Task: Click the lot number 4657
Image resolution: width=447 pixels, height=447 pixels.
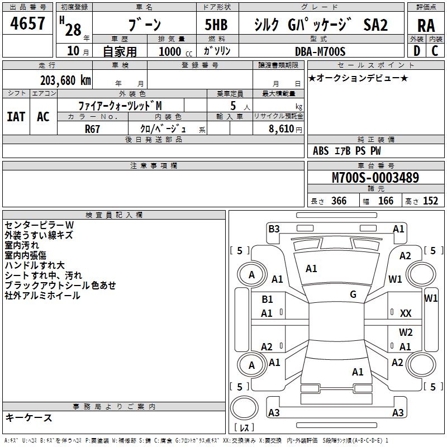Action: pyautogui.click(x=28, y=25)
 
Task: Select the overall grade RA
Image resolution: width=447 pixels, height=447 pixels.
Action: pyautogui.click(x=426, y=26)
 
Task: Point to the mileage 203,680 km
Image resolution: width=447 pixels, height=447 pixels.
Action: pyautogui.click(x=65, y=80)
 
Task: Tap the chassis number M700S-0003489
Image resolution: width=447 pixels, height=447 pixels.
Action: pyautogui.click(x=375, y=178)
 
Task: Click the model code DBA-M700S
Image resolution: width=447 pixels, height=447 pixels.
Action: pyautogui.click(x=320, y=51)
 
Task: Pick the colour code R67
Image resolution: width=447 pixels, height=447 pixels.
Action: pyautogui.click(x=93, y=128)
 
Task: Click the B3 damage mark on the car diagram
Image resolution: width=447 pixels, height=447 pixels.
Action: pyautogui.click(x=274, y=229)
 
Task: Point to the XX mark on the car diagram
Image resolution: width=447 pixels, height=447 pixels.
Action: pyautogui.click(x=406, y=313)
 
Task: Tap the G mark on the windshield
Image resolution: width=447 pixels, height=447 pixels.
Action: pyautogui.click(x=353, y=294)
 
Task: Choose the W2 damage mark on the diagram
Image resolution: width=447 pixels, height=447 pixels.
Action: pyautogui.click(x=406, y=332)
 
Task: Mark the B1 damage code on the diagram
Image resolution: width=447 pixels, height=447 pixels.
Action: pyautogui.click(x=268, y=299)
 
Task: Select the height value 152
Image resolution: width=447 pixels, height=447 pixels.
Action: pyautogui.click(x=430, y=201)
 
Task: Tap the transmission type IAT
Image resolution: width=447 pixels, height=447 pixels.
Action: pyautogui.click(x=16, y=117)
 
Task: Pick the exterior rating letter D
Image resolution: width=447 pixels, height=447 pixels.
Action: pyautogui.click(x=416, y=51)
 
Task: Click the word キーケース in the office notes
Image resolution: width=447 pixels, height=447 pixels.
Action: pyautogui.click(x=29, y=418)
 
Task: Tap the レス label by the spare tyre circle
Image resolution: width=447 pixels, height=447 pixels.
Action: pyautogui.click(x=244, y=428)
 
